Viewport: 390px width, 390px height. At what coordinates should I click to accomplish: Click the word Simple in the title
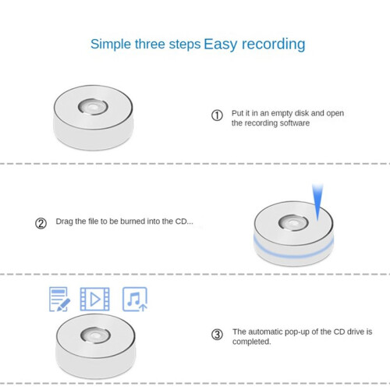pos(111,44)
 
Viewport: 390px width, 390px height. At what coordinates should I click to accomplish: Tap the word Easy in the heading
pos(221,44)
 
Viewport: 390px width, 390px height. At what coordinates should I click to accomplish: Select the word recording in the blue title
pos(274,44)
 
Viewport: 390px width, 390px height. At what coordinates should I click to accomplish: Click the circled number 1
pos(217,115)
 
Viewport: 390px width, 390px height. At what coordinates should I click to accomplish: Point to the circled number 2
pos(41,223)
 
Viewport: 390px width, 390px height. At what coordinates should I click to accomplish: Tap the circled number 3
pos(217,335)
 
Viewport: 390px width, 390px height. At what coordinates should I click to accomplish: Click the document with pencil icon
pos(59,299)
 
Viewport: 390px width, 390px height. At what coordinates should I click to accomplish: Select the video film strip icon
pos(94,299)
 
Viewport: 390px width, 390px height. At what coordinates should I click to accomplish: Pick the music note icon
pos(135,299)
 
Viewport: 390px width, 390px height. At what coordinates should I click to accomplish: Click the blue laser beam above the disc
pos(317,201)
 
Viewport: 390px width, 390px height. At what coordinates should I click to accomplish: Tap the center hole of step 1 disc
pos(93,107)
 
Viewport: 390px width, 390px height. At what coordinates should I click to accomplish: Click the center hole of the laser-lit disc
pos(293,223)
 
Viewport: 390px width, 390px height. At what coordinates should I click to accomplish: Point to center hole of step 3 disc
pos(95,335)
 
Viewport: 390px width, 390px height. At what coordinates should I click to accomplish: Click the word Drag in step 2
pos(64,222)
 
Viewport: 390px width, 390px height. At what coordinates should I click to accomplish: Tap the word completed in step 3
pos(252,342)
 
